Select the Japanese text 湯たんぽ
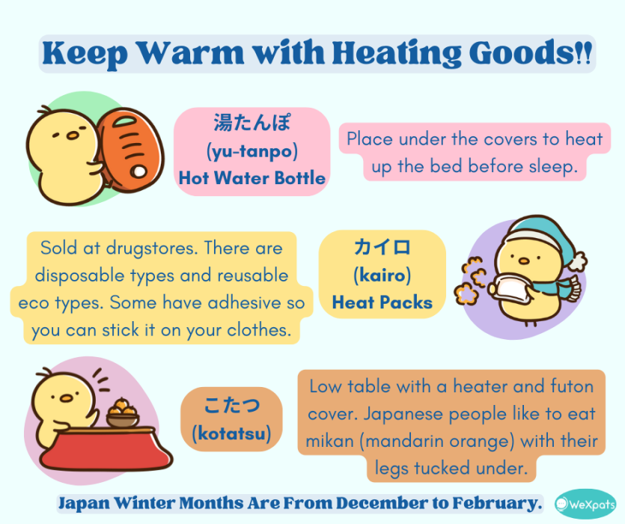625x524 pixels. point(251,124)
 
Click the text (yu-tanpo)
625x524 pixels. point(252,151)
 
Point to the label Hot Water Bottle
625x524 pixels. point(252,178)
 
